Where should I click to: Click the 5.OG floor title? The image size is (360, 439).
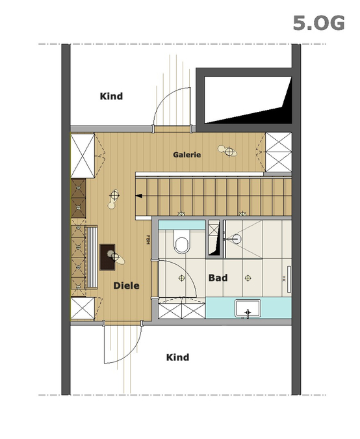click(x=318, y=23)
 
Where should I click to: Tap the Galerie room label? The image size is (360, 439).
click(x=187, y=155)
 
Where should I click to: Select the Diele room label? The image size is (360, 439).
click(x=127, y=286)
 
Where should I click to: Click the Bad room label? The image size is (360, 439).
click(x=218, y=278)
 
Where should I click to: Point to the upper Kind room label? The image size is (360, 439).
click(x=111, y=96)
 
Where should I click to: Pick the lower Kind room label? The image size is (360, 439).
click(x=177, y=357)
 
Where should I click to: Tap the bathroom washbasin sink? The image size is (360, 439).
click(x=248, y=308)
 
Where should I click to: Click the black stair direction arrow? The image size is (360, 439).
click(x=139, y=196)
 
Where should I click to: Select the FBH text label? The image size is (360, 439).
click(x=148, y=239)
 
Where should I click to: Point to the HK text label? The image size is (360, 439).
click(x=283, y=278)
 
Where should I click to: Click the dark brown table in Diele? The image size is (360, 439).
click(x=107, y=257)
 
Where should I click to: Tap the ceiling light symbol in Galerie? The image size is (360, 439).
click(x=229, y=152)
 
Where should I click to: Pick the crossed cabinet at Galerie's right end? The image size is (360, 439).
click(x=278, y=152)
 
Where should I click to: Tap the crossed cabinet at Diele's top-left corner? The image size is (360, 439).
click(x=83, y=155)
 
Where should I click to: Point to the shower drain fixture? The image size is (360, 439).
click(x=236, y=239)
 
